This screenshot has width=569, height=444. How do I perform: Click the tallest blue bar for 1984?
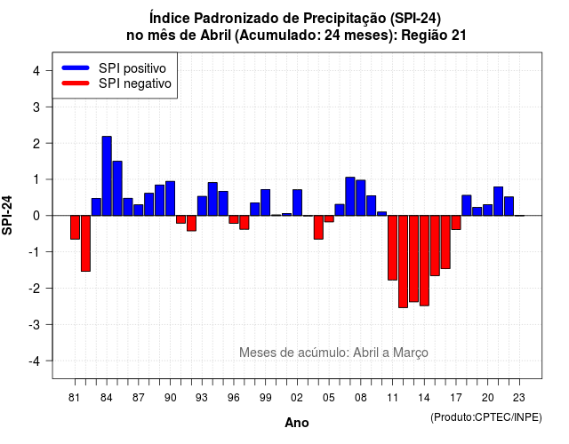(107, 176)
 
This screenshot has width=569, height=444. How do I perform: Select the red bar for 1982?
(85, 243)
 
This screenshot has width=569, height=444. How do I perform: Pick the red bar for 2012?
(403, 262)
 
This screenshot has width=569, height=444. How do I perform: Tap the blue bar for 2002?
(297, 202)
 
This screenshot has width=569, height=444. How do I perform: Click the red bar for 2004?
(318, 227)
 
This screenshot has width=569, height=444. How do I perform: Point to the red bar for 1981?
(75, 227)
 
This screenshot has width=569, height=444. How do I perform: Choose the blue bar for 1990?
(170, 199)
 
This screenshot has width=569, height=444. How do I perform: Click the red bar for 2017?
(456, 223)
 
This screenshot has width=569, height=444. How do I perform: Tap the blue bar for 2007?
(349, 196)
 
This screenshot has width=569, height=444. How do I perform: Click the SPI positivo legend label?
(132, 68)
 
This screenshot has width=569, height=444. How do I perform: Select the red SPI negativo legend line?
(76, 83)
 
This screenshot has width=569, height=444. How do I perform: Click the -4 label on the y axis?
(35, 361)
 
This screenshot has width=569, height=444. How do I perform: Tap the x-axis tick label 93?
(202, 398)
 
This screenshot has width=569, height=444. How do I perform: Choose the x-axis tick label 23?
(519, 398)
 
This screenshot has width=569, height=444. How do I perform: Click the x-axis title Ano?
(297, 423)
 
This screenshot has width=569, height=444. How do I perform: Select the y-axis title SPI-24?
(7, 215)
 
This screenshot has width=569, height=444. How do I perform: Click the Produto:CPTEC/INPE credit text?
(486, 417)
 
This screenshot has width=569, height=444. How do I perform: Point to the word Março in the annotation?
(411, 353)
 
